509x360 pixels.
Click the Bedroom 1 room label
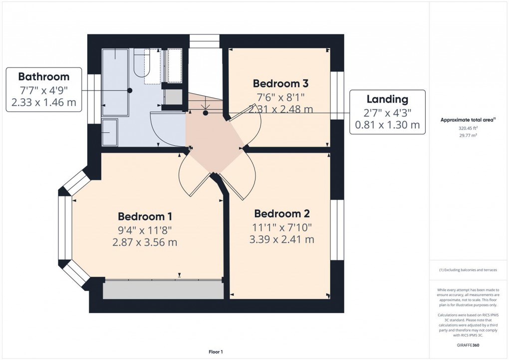click(145, 216)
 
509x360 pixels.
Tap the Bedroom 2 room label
click(282, 214)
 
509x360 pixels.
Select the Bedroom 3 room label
click(280, 83)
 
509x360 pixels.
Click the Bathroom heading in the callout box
click(44, 77)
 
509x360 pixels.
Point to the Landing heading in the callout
click(387, 99)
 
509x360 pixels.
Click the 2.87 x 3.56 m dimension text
click(145, 242)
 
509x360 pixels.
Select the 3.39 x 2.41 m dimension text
click(282, 240)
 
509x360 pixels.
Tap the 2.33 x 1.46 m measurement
click(44, 102)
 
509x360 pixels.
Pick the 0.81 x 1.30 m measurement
click(387, 125)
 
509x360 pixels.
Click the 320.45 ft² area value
click(468, 128)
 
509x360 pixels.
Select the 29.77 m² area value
click(468, 135)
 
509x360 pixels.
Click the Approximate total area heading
click(468, 120)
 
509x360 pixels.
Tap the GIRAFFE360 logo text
click(468, 345)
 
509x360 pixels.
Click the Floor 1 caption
click(216, 352)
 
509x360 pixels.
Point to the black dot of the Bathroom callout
click(130, 91)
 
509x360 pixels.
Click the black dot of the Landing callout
click(206, 113)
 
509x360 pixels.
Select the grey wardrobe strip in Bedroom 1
click(163, 290)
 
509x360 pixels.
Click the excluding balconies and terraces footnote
click(468, 270)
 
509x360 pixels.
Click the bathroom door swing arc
click(162, 130)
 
